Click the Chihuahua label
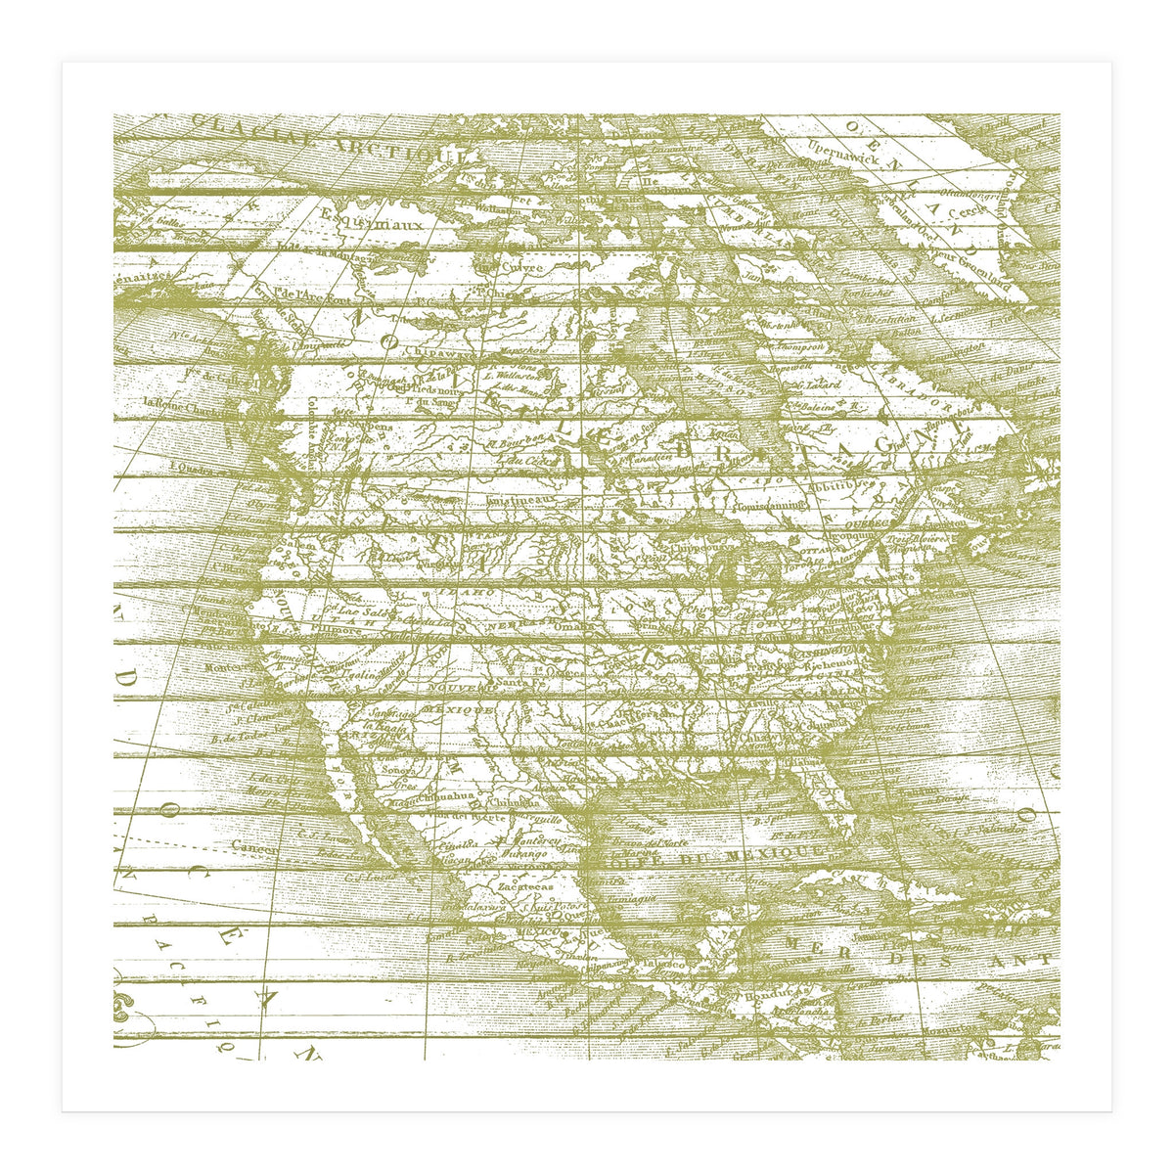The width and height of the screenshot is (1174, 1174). (x=451, y=799)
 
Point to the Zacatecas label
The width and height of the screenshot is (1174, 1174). (x=524, y=886)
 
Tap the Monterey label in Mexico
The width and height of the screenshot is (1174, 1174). (x=528, y=840)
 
